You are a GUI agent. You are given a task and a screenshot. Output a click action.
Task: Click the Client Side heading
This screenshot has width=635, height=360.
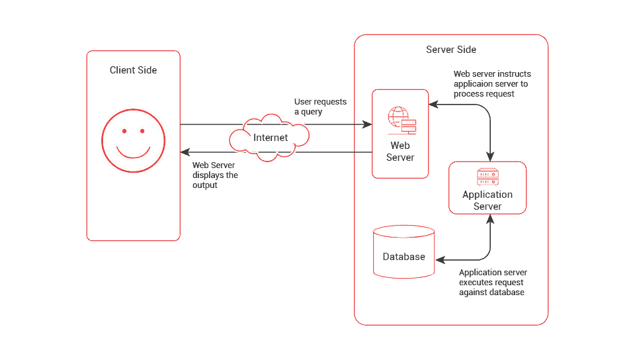[133, 70]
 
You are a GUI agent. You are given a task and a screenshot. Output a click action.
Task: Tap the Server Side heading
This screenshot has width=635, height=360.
[450, 50]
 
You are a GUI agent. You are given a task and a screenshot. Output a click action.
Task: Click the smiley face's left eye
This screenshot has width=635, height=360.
[123, 131]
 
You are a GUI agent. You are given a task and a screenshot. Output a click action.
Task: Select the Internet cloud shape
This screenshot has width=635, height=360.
[270, 138]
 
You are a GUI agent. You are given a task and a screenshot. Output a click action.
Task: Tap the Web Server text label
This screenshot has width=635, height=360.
[400, 151]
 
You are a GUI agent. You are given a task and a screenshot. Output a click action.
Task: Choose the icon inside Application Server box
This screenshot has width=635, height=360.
[487, 177]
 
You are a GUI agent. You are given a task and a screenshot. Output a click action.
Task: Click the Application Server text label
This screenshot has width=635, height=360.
[487, 200]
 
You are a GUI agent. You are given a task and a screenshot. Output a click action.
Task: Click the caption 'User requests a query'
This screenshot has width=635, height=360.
[320, 107]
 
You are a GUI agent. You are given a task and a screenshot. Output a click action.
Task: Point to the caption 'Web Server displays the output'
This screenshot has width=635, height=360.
[215, 175]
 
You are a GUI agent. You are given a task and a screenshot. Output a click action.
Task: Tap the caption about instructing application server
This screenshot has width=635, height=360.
[491, 84]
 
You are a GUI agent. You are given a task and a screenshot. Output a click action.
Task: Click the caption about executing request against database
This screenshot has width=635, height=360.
[492, 282]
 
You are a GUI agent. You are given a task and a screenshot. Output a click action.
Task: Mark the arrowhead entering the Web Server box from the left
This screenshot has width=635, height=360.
[367, 124]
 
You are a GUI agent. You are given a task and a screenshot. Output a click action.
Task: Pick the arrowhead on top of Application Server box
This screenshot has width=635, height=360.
[489, 157]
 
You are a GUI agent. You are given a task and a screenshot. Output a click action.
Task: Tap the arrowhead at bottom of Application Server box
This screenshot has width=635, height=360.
[489, 218]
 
